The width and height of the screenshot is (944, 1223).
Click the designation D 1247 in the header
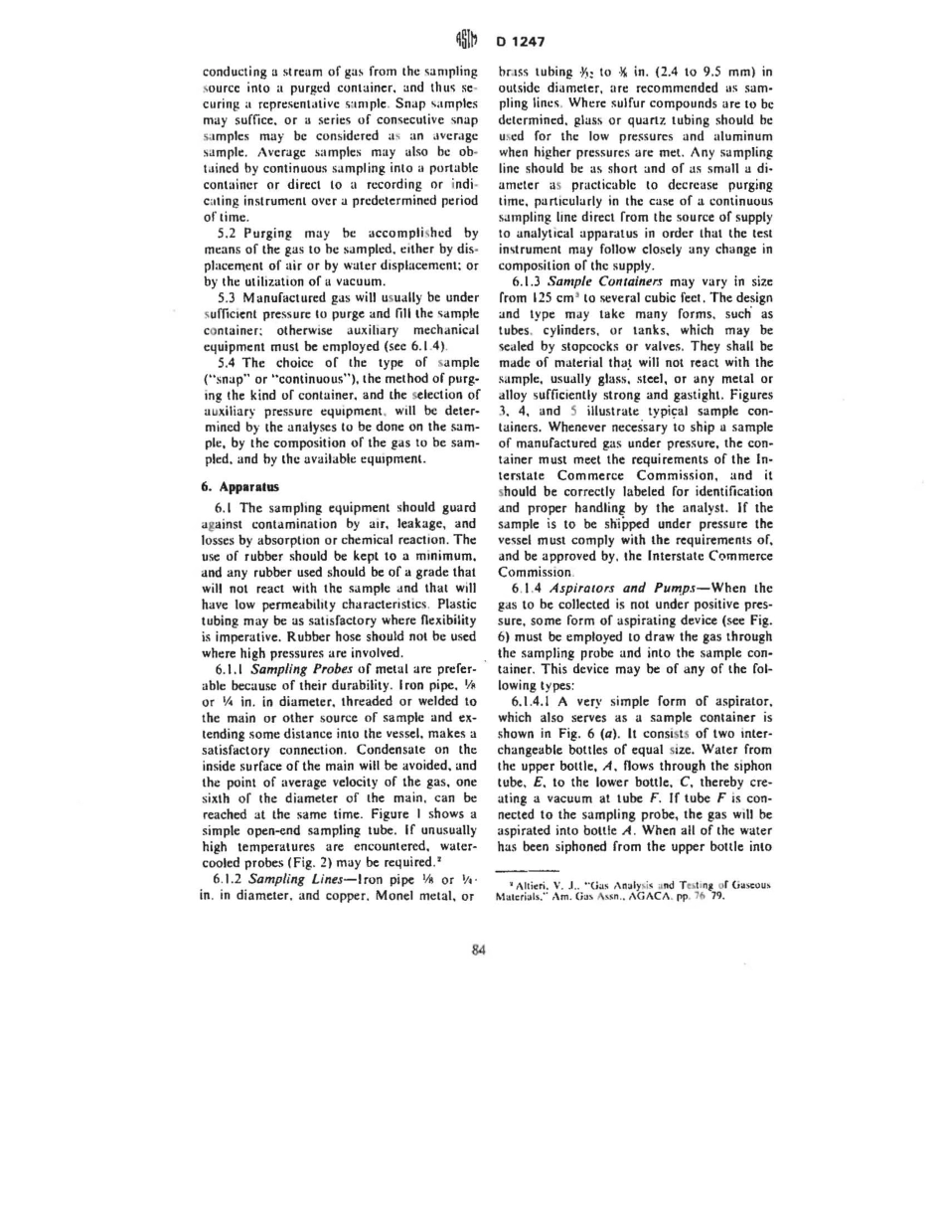tap(516, 42)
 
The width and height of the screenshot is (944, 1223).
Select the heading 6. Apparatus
tap(236, 487)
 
